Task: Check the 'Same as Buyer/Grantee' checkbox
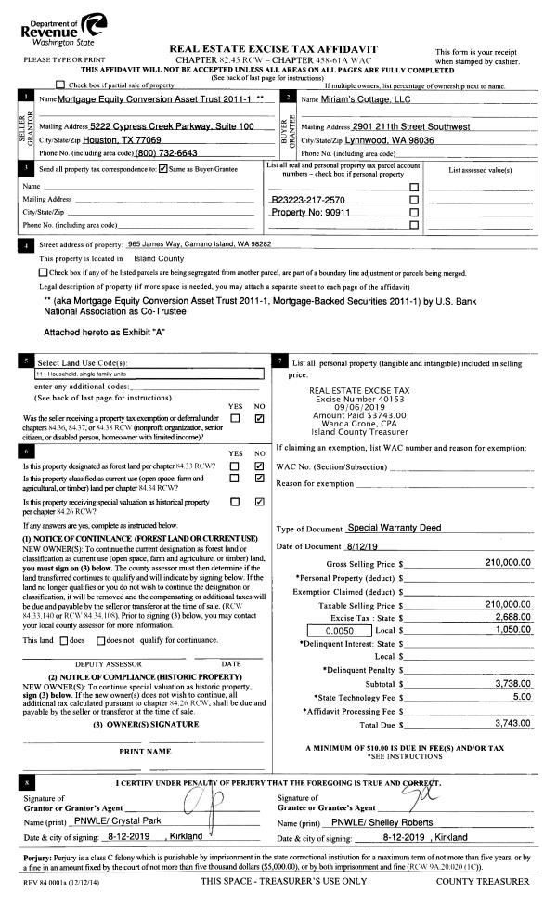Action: tap(163, 169)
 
